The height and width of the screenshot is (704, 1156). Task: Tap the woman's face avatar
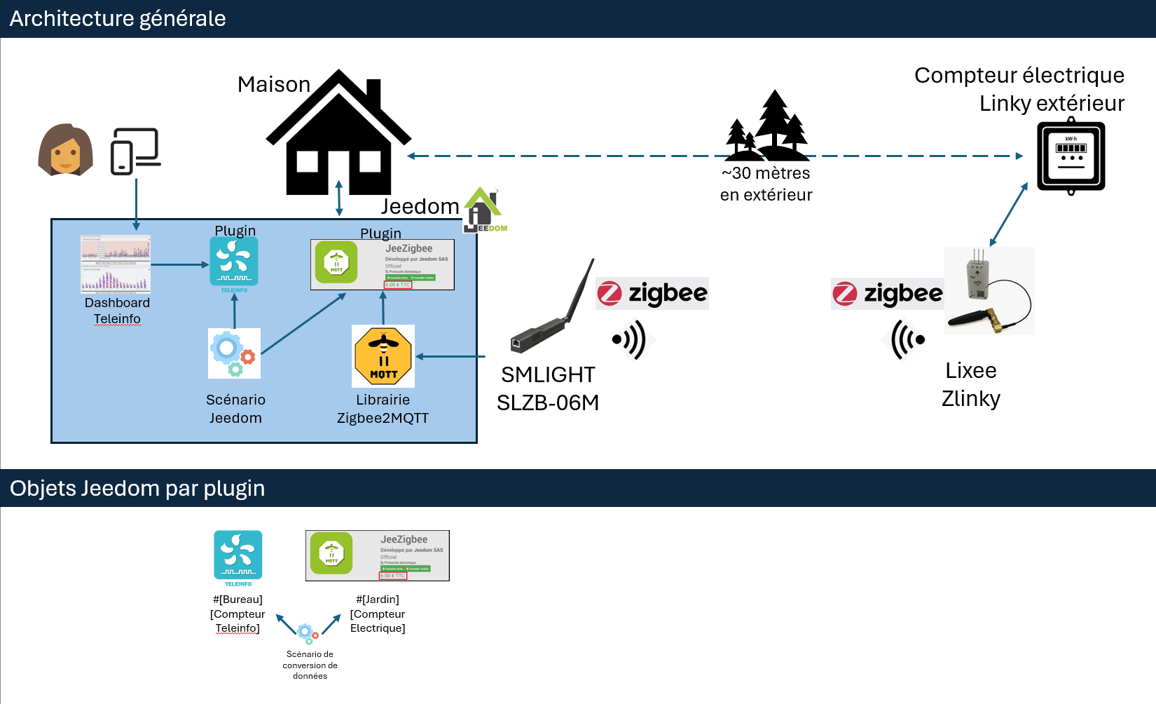pos(65,149)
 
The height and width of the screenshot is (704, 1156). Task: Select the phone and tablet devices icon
pos(135,151)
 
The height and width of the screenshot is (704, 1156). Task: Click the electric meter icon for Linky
pos(1071,157)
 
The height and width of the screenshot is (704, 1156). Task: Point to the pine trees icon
pos(768,126)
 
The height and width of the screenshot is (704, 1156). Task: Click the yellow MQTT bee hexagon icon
pos(383,356)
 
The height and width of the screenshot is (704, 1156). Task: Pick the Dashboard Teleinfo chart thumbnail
pos(116,264)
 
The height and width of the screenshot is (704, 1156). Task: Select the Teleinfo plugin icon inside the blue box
pos(234,262)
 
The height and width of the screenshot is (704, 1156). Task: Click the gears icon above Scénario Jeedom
pos(234,353)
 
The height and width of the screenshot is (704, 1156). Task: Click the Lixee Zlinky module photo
pos(989,291)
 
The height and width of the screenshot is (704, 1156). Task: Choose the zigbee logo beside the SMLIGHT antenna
pos(652,293)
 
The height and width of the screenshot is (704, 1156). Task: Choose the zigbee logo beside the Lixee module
pos(888,293)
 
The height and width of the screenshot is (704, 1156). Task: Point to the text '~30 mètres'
pos(766,173)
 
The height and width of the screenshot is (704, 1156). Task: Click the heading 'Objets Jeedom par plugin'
pos(137,488)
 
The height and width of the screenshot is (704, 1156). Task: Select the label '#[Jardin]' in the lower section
pos(378,600)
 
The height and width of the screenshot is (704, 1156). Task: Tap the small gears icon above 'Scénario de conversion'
pos(308,633)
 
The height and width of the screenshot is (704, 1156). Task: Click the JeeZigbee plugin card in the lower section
pos(378,555)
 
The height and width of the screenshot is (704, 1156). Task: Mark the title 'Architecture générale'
pos(118,18)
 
